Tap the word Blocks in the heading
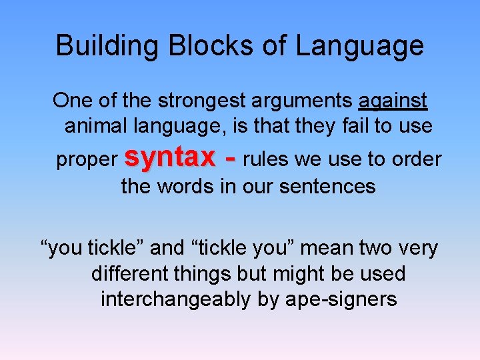coord(196,46)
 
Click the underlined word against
coord(393,101)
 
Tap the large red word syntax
coord(169,157)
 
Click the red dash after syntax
coord(230,159)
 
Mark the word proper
coord(86,160)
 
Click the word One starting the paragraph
coord(71,101)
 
